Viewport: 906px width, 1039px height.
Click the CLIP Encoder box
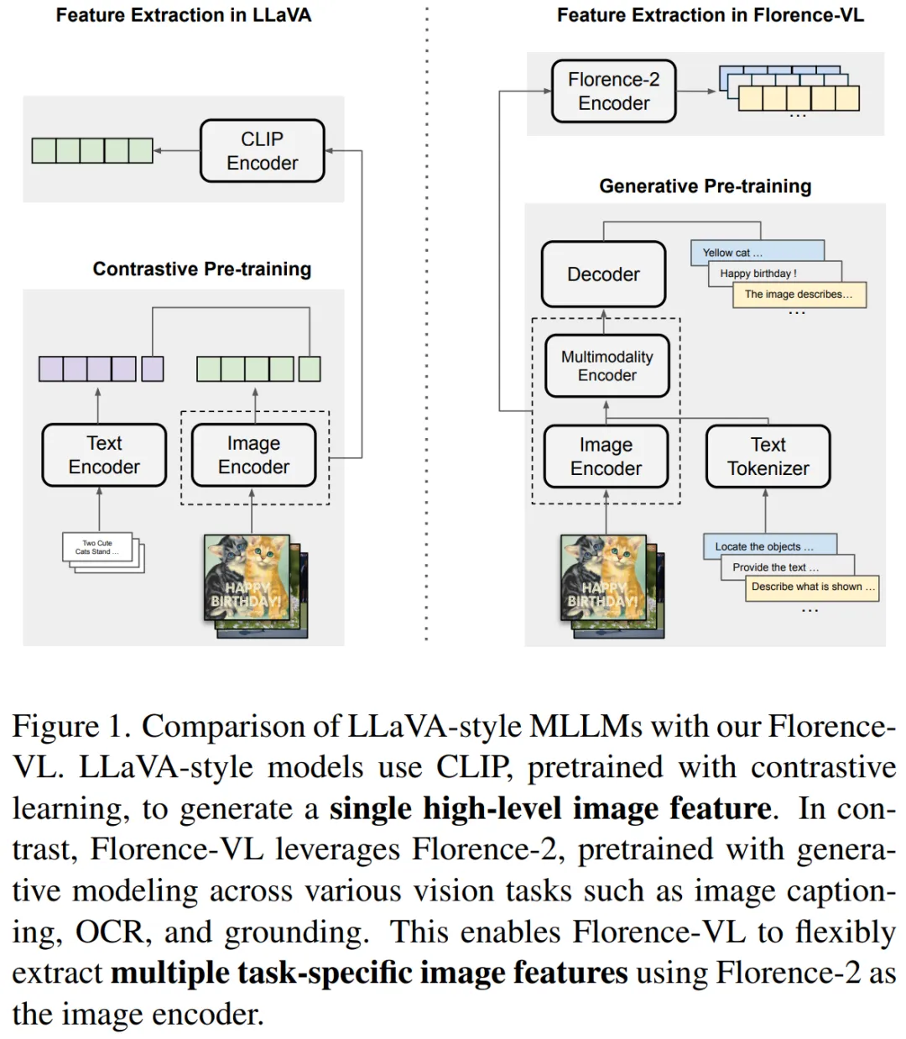262,151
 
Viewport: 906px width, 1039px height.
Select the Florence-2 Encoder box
613,91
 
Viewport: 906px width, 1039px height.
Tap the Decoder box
603,274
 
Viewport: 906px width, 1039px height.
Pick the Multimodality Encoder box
607,366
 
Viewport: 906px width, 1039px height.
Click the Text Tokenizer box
768,457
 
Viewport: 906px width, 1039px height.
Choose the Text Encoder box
104,455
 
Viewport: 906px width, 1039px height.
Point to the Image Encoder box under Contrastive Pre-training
253,455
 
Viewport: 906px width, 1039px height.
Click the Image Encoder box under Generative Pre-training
606,457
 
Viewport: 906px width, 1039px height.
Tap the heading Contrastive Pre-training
201,269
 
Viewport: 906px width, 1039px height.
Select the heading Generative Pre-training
705,186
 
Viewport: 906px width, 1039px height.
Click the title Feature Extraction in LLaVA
183,15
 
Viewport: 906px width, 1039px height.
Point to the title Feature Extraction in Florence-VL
710,15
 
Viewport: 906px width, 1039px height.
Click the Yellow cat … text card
755,252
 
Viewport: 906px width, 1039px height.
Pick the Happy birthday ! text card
773,273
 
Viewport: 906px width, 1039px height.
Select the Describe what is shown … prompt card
811,587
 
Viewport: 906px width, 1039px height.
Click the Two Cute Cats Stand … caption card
97,547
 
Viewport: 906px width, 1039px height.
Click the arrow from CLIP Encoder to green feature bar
177,151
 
